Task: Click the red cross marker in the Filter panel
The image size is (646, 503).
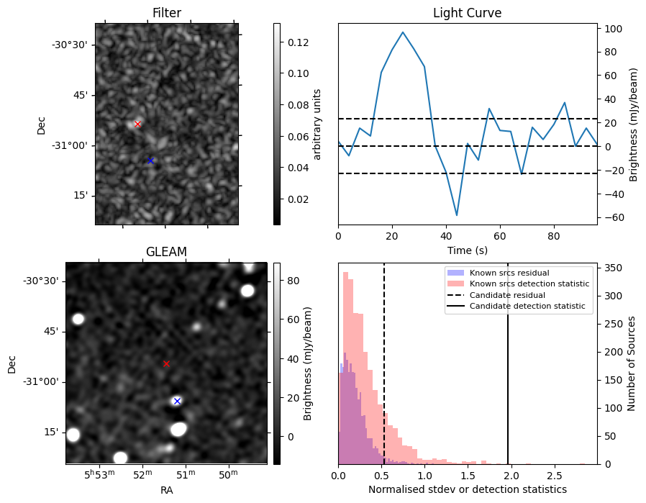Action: click(137, 124)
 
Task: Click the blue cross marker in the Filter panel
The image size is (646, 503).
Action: click(150, 160)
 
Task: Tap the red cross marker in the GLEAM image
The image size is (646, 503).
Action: click(166, 363)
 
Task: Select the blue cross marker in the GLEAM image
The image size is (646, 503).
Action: click(177, 401)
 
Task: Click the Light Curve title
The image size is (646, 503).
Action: click(467, 13)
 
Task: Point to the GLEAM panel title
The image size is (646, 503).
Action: click(166, 251)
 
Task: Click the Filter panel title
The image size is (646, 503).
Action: click(166, 13)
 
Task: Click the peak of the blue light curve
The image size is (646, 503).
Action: click(403, 32)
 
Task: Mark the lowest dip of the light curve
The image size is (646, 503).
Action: click(456, 215)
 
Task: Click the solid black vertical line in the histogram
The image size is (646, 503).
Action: click(508, 360)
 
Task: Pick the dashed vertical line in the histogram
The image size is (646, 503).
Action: click(384, 360)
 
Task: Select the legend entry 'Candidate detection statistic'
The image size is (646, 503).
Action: click(529, 307)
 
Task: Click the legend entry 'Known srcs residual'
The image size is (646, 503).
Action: click(509, 273)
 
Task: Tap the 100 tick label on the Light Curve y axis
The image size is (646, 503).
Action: click(612, 29)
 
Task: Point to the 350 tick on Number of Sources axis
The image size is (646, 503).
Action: click(612, 268)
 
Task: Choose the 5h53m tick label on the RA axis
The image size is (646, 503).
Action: click(100, 475)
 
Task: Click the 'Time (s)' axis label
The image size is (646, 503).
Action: click(467, 250)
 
